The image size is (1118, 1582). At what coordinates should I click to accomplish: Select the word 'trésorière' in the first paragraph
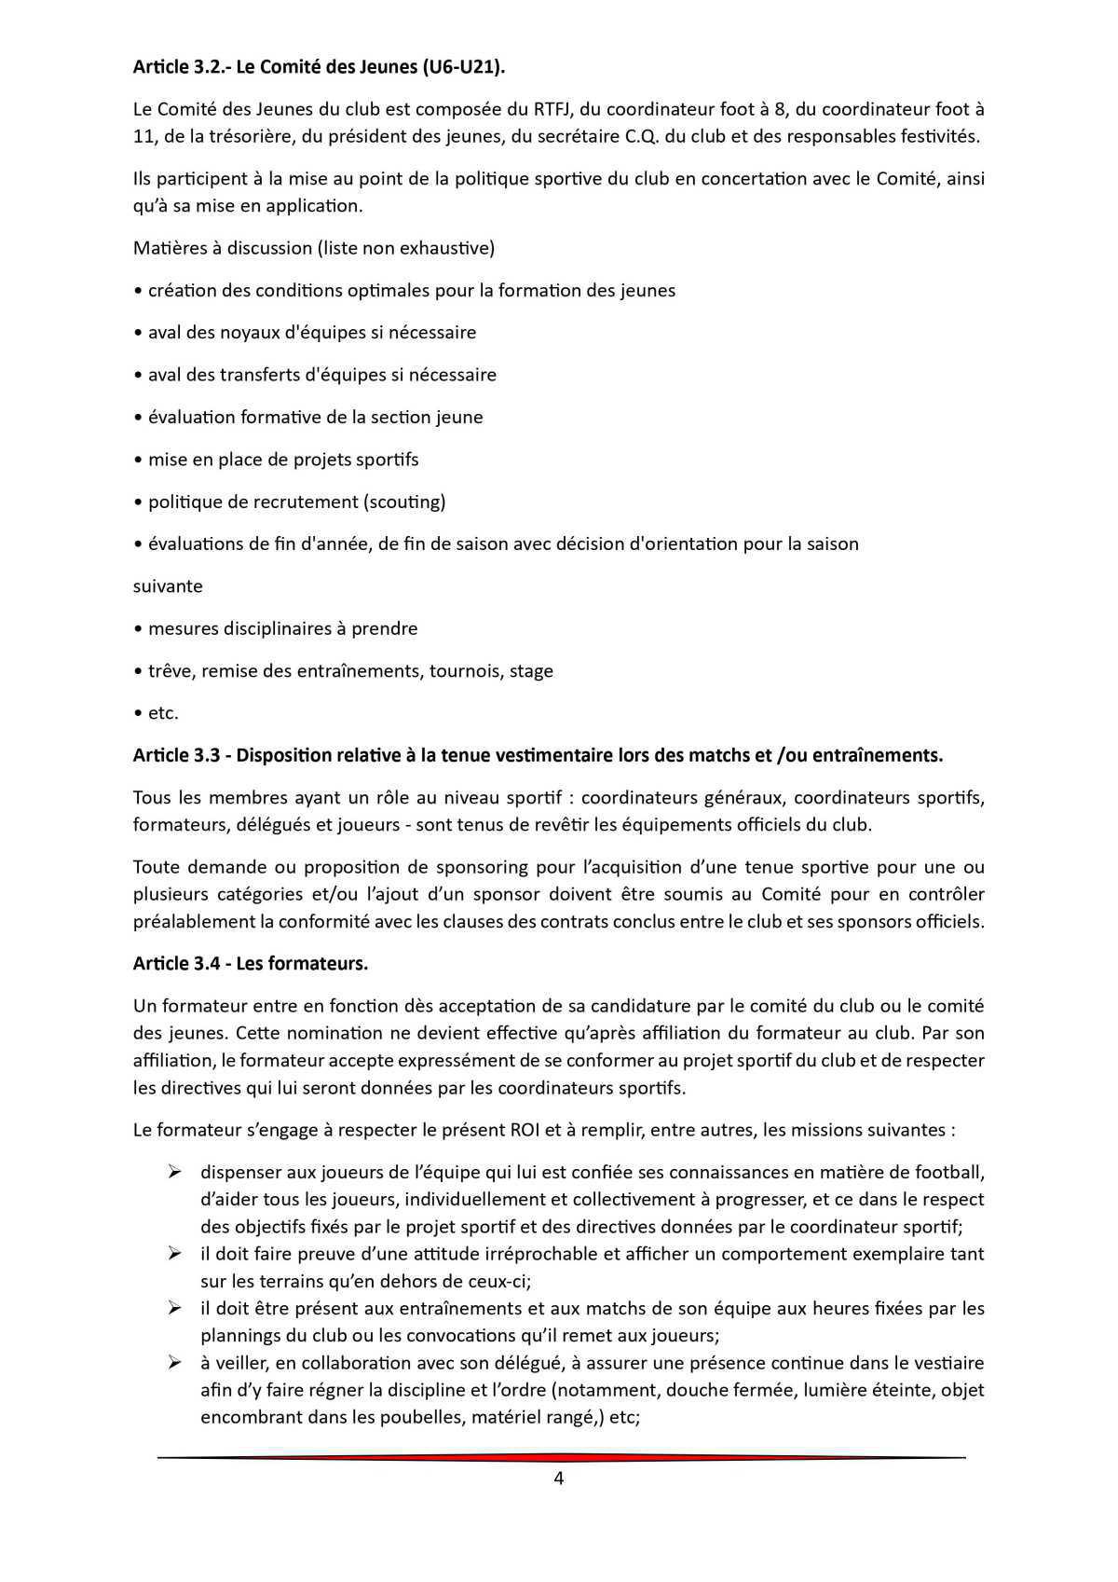[227, 137]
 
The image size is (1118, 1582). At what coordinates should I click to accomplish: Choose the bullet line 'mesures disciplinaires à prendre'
[282, 628]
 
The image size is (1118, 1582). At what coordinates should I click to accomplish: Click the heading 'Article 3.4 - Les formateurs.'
[250, 964]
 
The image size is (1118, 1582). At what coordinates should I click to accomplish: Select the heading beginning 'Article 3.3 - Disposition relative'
[538, 755]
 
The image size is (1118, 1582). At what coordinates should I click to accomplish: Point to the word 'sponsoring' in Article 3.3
[482, 867]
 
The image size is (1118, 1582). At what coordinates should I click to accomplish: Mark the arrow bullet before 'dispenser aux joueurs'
[174, 1171]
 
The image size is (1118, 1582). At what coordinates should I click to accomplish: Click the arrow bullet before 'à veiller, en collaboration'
[174, 1363]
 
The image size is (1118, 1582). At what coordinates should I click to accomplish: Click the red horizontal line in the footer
[559, 1457]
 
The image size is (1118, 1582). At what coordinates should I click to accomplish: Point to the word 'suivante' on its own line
[168, 586]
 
